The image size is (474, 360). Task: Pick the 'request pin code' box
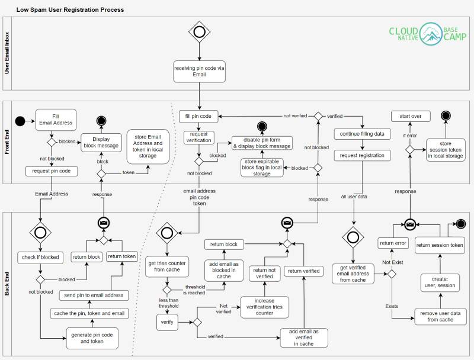point(52,171)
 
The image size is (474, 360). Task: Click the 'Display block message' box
point(101,143)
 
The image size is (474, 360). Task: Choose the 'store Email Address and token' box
point(149,146)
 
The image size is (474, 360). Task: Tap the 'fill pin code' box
point(199,116)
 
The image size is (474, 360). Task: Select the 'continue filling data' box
point(362,134)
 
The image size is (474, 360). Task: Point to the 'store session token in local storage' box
point(446,150)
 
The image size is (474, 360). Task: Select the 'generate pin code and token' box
point(91,337)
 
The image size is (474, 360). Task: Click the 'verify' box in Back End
point(167,323)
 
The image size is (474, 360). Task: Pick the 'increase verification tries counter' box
point(264,307)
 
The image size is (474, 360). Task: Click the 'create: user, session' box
point(440,282)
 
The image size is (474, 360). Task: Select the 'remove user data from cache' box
point(440,316)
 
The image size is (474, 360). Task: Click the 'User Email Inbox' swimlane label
point(7,53)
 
